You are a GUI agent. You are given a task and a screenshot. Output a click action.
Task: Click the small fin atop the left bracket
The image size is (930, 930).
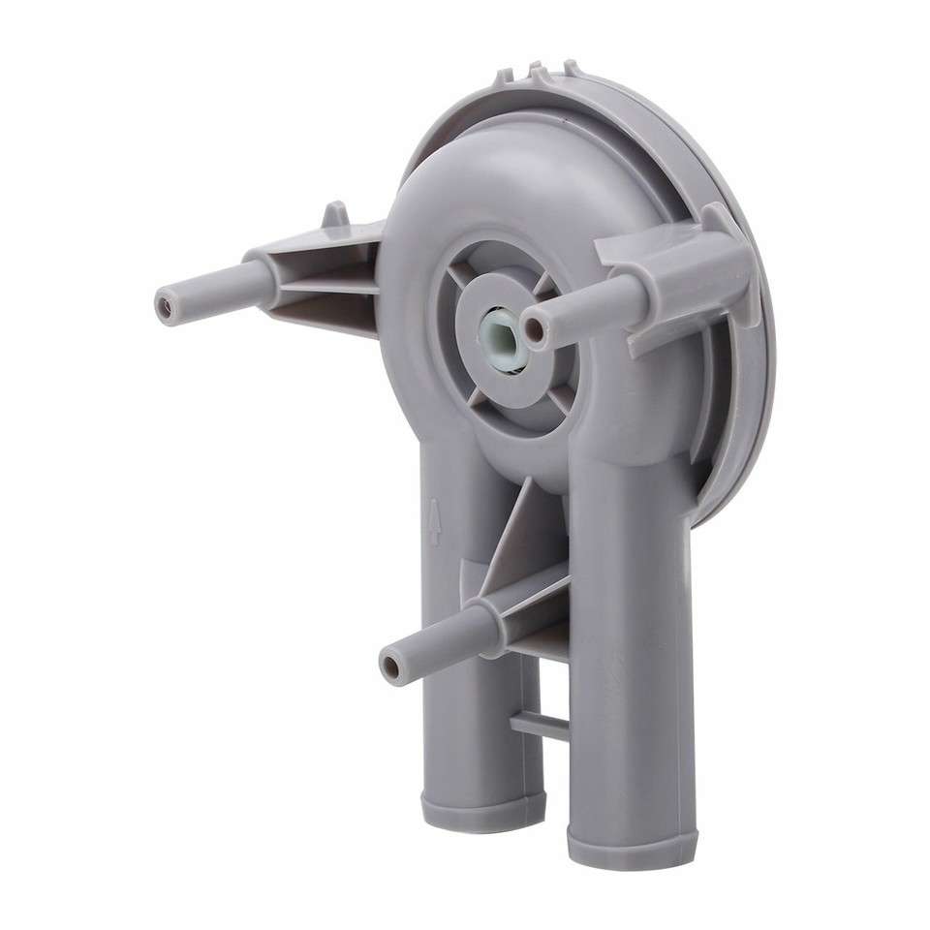pos(334,214)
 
